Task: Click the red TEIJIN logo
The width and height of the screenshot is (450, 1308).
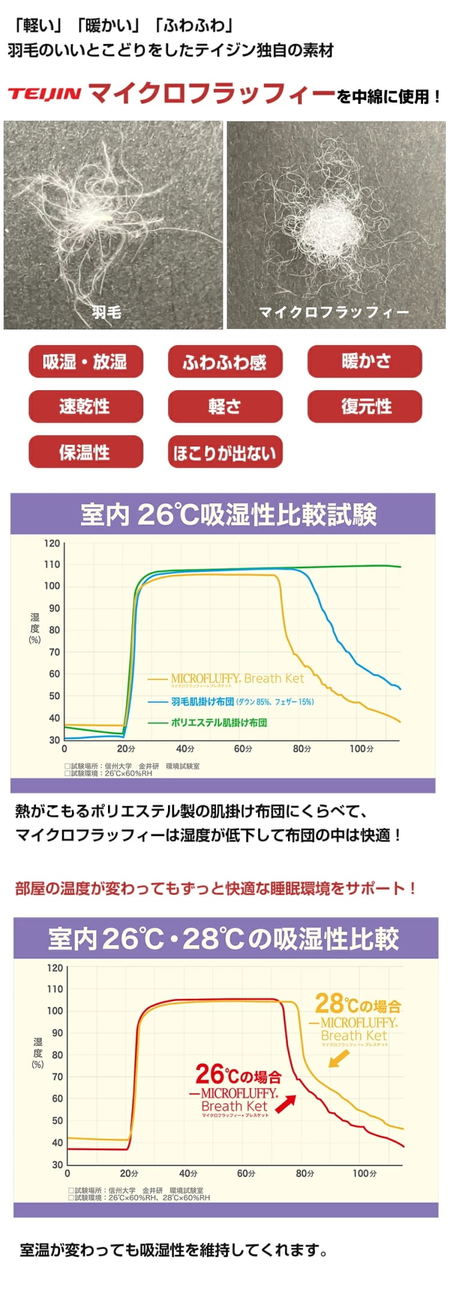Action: (x=44, y=94)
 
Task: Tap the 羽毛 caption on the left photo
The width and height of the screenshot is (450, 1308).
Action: (x=106, y=312)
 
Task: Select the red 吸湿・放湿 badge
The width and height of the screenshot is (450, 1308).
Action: (x=85, y=361)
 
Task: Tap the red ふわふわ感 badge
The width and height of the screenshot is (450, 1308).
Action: (x=224, y=361)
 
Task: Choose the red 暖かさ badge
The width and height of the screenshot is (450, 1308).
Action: (x=365, y=361)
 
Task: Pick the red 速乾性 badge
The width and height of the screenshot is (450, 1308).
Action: (x=85, y=406)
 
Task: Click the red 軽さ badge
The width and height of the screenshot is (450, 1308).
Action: (x=224, y=406)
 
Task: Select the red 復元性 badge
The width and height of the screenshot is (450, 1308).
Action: (x=365, y=406)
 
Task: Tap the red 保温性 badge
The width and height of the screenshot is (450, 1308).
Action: (x=85, y=452)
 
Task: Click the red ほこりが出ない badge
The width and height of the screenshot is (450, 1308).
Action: (x=224, y=452)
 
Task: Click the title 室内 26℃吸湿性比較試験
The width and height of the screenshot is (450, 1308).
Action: (x=228, y=515)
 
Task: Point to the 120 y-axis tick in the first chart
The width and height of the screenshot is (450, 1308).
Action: (x=52, y=544)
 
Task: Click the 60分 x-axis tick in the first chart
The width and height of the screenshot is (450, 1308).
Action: (x=243, y=749)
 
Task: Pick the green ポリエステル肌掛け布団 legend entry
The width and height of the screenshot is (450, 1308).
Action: (x=218, y=722)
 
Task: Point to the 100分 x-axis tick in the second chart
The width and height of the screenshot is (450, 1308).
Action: (x=364, y=1173)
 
